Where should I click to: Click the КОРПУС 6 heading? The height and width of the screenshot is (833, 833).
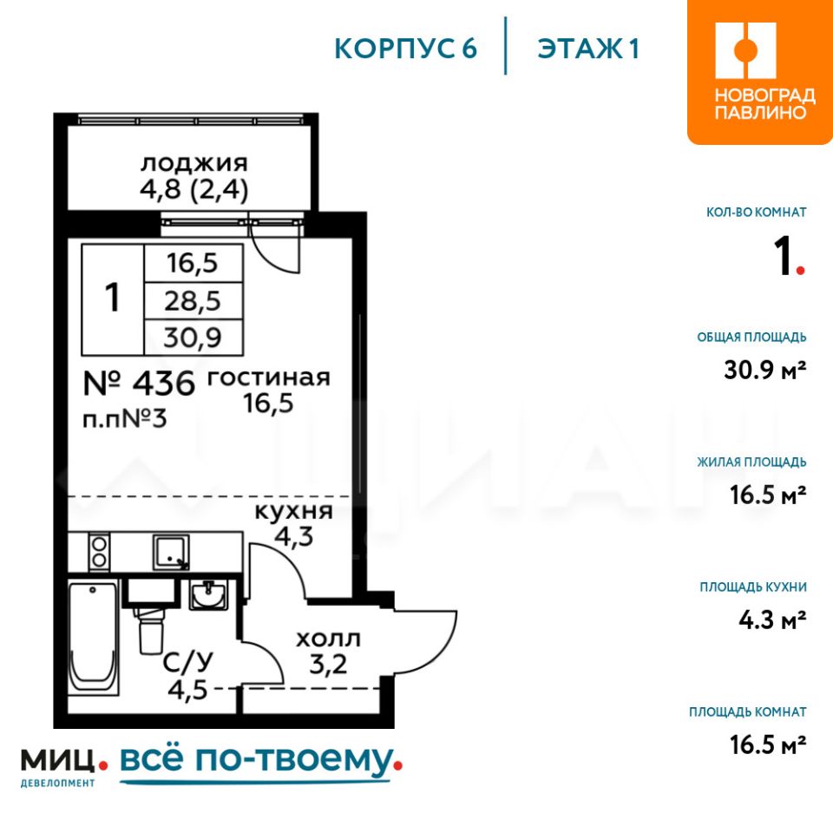pyautogui.click(x=406, y=49)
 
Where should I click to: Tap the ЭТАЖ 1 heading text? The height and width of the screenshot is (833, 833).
pyautogui.click(x=588, y=49)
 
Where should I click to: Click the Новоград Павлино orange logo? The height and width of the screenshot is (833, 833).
pyautogui.click(x=760, y=72)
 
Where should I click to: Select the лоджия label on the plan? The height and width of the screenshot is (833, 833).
pyautogui.click(x=193, y=163)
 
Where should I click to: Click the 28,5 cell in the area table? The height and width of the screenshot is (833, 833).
pyautogui.click(x=193, y=301)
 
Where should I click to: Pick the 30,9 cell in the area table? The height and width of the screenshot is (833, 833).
pyautogui.click(x=193, y=337)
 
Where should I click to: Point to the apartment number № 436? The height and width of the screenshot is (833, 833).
pyautogui.click(x=139, y=383)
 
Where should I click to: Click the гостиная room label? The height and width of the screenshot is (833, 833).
pyautogui.click(x=268, y=378)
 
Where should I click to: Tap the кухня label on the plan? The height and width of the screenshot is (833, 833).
pyautogui.click(x=294, y=511)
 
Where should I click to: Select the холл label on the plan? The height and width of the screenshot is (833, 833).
pyautogui.click(x=328, y=639)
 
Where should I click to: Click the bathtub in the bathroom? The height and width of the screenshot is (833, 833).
pyautogui.click(x=94, y=638)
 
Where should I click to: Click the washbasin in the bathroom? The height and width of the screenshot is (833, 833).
pyautogui.click(x=209, y=594)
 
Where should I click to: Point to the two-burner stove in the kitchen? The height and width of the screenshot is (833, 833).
pyautogui.click(x=99, y=552)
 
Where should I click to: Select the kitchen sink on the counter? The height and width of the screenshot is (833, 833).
pyautogui.click(x=171, y=552)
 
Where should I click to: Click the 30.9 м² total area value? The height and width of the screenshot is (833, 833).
pyautogui.click(x=765, y=370)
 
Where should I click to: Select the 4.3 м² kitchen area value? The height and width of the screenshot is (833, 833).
pyautogui.click(x=772, y=620)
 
